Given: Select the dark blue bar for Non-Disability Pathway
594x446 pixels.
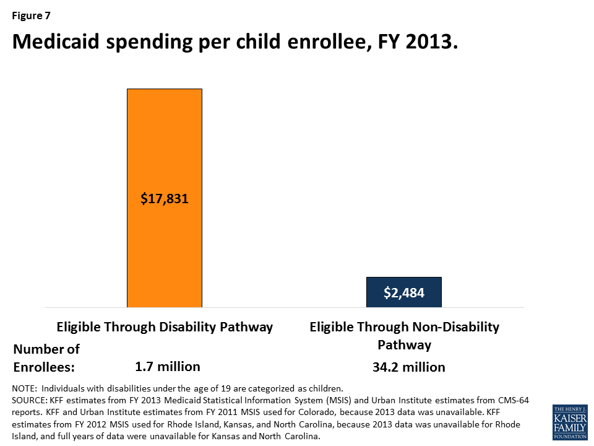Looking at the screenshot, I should pyautogui.click(x=403, y=300).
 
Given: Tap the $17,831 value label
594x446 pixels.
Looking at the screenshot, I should pyautogui.click(x=164, y=199).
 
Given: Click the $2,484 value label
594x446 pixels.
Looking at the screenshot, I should pyautogui.click(x=403, y=292).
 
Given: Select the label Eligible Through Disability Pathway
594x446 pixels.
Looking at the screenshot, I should pyautogui.click(x=165, y=327).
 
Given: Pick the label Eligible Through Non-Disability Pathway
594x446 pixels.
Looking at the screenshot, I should pyautogui.click(x=404, y=335).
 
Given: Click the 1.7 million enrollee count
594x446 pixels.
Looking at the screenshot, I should pyautogui.click(x=168, y=366).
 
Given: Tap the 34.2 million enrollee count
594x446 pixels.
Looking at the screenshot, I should pyautogui.click(x=408, y=367).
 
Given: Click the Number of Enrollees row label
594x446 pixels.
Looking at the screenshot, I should pyautogui.click(x=46, y=357).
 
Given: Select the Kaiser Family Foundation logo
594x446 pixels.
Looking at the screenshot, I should pyautogui.click(x=570, y=422).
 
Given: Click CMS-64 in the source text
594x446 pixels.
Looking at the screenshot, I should pyautogui.click(x=512, y=401).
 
